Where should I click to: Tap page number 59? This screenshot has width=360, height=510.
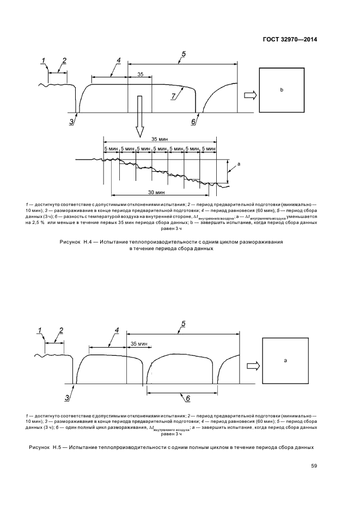(314, 465)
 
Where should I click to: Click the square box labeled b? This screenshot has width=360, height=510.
(282, 89)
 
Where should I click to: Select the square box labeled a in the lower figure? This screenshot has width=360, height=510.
(285, 361)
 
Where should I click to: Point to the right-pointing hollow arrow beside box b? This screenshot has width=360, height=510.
(249, 95)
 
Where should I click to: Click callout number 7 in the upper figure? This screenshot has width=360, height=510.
(173, 96)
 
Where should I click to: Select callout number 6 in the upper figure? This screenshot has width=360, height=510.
(193, 122)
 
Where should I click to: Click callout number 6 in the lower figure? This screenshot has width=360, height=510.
(187, 399)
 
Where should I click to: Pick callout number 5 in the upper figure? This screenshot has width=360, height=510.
(184, 53)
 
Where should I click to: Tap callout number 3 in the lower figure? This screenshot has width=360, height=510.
(68, 398)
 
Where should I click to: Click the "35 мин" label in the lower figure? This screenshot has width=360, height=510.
(139, 344)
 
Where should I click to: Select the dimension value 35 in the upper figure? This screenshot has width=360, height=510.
(141, 74)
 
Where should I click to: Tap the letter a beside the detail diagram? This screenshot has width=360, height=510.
(239, 163)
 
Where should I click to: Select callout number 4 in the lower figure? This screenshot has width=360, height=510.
(117, 330)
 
